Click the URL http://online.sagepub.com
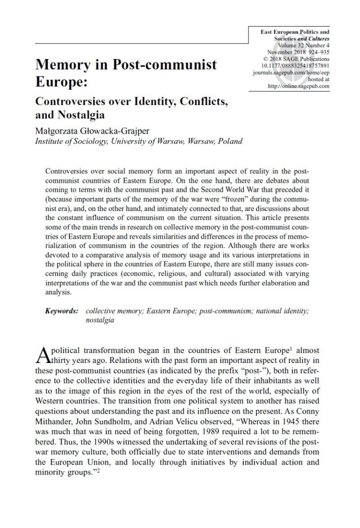(x=299, y=86)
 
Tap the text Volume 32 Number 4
(x=304, y=46)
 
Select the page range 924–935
(x=316, y=53)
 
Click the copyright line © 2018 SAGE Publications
(x=296, y=59)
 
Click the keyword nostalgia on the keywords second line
(x=100, y=321)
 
